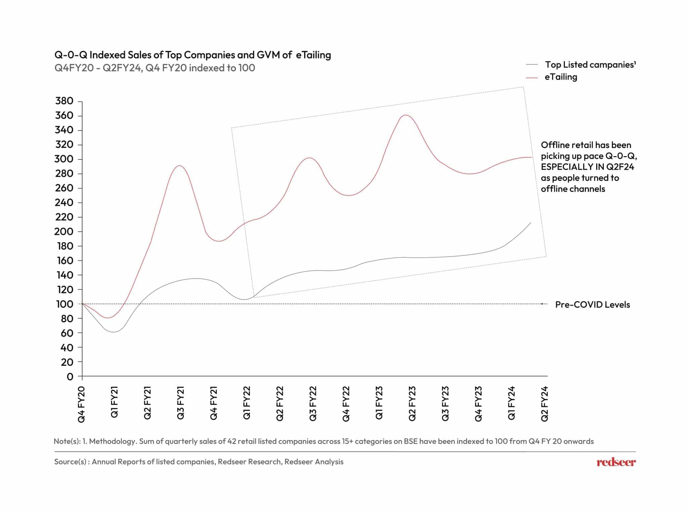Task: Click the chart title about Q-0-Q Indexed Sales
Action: (192, 55)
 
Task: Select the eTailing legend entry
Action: (561, 77)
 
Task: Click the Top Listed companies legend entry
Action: (590, 64)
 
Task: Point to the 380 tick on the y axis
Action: (64, 101)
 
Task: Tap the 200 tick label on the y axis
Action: (64, 231)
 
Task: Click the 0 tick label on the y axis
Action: (70, 376)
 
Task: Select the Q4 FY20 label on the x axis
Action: (82, 404)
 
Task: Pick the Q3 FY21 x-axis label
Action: (181, 403)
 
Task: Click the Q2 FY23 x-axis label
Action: (412, 403)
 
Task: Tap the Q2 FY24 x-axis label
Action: (544, 404)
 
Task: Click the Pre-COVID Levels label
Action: (592, 305)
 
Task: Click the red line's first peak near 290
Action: (180, 166)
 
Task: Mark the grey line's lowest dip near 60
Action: (114, 332)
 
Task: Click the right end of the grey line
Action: (530, 223)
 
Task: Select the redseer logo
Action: (616, 462)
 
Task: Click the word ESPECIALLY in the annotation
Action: (565, 167)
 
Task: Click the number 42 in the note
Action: (231, 441)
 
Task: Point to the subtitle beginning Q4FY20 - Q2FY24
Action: (155, 68)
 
